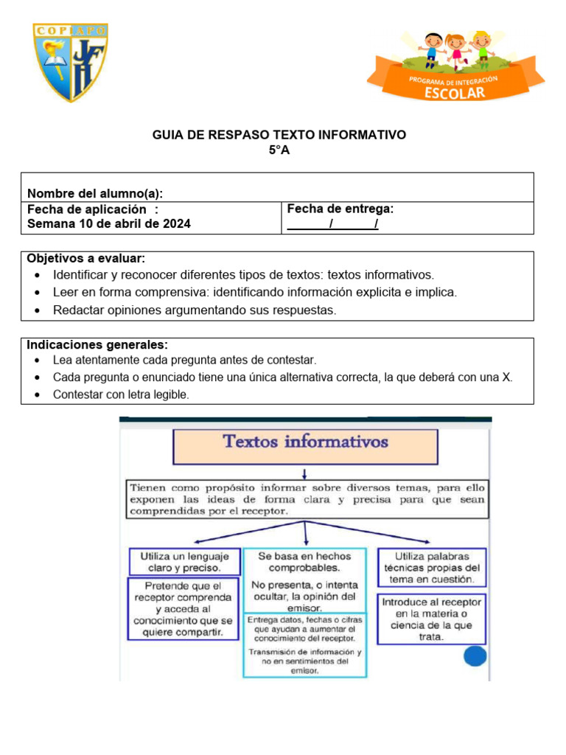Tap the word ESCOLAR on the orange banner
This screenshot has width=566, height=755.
pos(455,92)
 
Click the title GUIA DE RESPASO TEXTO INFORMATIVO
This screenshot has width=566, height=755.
pos(279,135)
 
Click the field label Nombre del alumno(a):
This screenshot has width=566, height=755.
pos(95,193)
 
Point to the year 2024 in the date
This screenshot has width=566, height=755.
pos(177,223)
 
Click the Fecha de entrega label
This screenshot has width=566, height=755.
pos(340,209)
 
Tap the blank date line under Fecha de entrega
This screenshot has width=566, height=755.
pos(332,224)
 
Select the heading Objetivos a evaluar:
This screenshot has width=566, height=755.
pos(86,259)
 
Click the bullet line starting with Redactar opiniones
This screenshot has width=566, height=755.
pos(194,310)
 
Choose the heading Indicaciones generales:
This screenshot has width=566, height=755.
pos(97,345)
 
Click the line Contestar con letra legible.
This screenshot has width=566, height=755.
pos(121,395)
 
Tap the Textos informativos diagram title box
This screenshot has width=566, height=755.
pos(305,445)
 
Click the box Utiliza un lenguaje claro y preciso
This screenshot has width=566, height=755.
pos(185,562)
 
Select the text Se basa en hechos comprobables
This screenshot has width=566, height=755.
pos(304,562)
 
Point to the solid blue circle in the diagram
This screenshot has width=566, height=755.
pos(475,657)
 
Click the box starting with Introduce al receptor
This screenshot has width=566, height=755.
pos(431,619)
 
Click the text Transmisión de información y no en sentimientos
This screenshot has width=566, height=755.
pos(304,662)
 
